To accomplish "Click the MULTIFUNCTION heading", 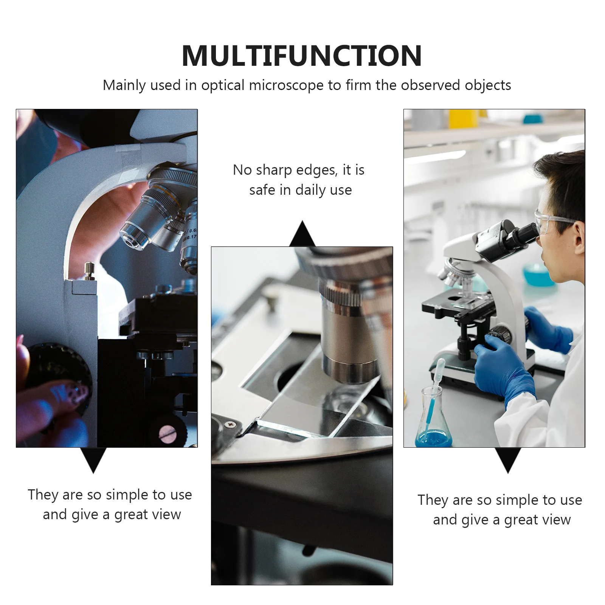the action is coord(302,56).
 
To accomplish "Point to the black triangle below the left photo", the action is coord(93,460).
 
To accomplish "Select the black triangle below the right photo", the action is coord(508,460).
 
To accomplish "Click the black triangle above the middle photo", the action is coord(302,234).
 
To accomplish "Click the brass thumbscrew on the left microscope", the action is coord(89,271).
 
